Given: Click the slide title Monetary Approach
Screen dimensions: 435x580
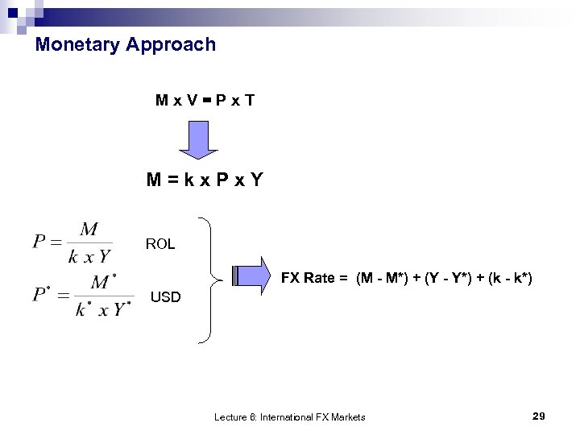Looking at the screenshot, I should pyautogui.click(x=126, y=44).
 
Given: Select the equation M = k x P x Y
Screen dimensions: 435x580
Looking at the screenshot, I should pyautogui.click(x=205, y=180).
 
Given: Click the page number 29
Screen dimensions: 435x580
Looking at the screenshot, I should pyautogui.click(x=539, y=416).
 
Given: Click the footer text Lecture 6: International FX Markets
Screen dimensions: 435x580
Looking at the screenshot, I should pyautogui.click(x=289, y=416).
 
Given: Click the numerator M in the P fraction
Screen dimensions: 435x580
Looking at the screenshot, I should pyautogui.click(x=89, y=230).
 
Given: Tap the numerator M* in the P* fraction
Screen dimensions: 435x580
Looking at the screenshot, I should pyautogui.click(x=102, y=283).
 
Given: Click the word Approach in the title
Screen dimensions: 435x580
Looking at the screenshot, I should pyautogui.click(x=172, y=44).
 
